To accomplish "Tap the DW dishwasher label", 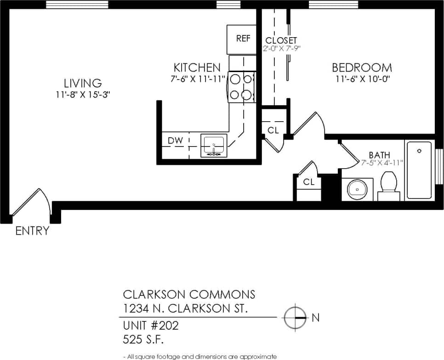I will (x=175, y=141).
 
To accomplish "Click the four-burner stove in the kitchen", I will (x=241, y=87).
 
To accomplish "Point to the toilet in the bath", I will (x=389, y=186).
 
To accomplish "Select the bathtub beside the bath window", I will (x=419, y=170).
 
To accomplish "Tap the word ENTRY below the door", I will (x=32, y=231).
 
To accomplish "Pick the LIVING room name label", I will (x=83, y=83).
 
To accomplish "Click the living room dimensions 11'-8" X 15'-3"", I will (x=83, y=95).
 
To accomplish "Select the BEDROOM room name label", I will (x=362, y=67).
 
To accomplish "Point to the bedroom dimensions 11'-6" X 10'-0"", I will (x=362, y=79).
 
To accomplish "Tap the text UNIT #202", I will (x=151, y=326).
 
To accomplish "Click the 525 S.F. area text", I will (x=143, y=340).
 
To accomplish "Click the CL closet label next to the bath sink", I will (x=308, y=182).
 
